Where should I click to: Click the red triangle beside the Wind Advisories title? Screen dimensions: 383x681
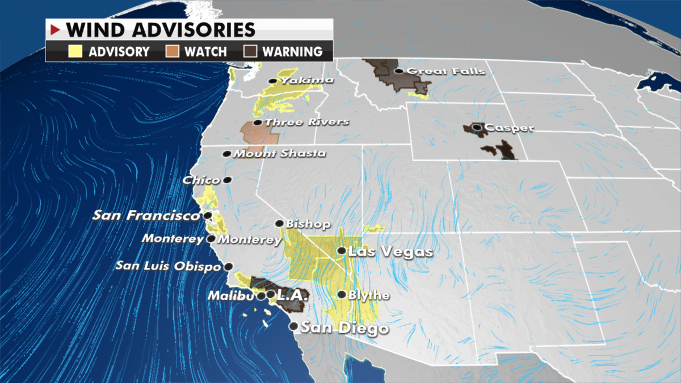[56, 29]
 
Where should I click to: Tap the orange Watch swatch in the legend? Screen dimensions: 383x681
[174, 52]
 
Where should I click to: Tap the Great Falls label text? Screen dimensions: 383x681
[446, 71]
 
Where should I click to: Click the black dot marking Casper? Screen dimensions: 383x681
[477, 128]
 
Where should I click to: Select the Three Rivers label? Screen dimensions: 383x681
[307, 122]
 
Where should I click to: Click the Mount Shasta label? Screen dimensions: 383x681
[280, 153]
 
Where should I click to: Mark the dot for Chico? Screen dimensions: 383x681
[227, 180]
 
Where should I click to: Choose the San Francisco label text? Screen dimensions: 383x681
[146, 216]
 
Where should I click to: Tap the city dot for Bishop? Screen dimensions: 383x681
[279, 224]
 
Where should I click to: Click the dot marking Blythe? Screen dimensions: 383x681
[342, 294]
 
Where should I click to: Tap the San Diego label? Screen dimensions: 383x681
[344, 328]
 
